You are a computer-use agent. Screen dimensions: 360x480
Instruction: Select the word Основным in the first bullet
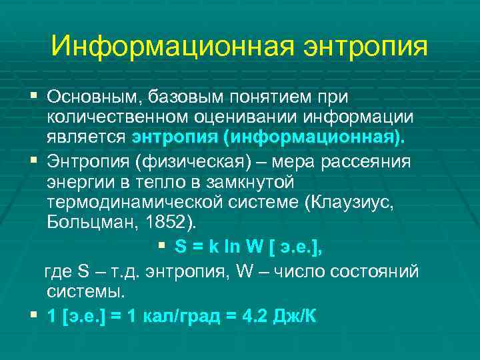click(x=89, y=97)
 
